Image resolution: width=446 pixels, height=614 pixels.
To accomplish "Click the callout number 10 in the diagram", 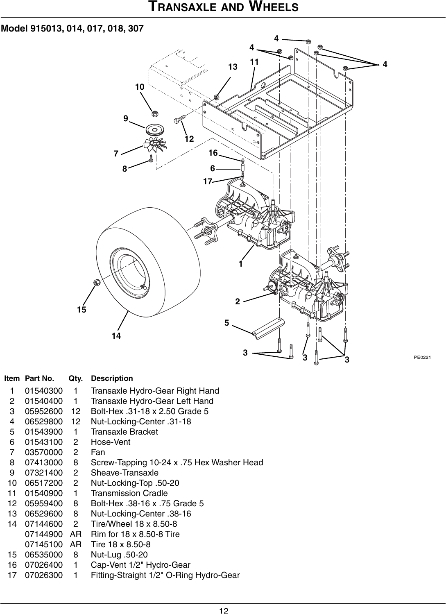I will point(140,87).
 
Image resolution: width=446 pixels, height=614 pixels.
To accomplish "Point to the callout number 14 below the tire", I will point(116,335).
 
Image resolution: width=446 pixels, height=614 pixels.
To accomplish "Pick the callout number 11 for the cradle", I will point(254,62).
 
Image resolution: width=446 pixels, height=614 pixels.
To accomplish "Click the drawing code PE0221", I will point(422,358).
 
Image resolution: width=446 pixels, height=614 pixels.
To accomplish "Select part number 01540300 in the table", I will point(44,391).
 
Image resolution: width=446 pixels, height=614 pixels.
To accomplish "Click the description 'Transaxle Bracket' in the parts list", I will point(124,432).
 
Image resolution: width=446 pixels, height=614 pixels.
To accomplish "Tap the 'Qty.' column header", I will point(75,378).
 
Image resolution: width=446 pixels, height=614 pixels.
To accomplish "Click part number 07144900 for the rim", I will point(44,534).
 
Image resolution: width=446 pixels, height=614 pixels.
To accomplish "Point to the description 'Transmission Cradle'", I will point(129,493).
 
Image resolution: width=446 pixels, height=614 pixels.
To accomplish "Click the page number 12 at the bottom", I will point(223,611).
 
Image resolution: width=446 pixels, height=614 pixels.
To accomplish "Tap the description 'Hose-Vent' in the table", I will point(111,442).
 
